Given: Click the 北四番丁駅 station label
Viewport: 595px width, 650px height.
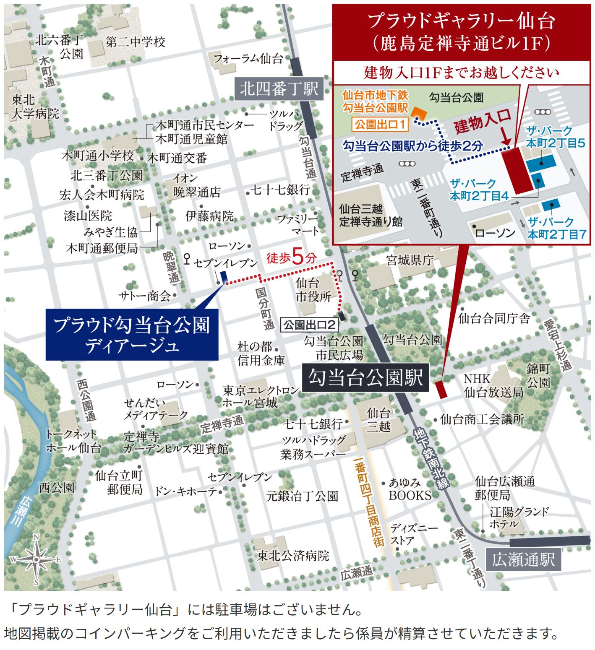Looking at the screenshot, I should (279, 89).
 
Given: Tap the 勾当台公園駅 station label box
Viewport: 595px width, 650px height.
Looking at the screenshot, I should (365, 378).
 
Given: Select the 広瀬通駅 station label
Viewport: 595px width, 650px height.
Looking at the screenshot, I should (523, 559).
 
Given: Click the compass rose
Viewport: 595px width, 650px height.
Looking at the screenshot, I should (36, 559).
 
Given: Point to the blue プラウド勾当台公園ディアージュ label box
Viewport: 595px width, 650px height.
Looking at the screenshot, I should (132, 335).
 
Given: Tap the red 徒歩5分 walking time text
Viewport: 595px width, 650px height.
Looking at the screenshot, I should (291, 257).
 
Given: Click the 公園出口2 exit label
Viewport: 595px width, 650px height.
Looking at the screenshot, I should (309, 325).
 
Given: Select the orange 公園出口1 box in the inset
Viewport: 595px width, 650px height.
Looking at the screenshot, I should (380, 124).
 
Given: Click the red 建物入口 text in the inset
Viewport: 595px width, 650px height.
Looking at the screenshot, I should (483, 121).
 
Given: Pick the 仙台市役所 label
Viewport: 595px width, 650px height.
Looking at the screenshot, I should (313, 290).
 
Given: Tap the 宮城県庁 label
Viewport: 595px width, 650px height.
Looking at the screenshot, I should (410, 260).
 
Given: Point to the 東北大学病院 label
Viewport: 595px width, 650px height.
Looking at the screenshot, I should (35, 107).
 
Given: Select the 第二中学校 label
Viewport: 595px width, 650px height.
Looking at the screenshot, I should (135, 42).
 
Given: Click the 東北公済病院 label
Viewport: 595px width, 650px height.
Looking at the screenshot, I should (293, 556).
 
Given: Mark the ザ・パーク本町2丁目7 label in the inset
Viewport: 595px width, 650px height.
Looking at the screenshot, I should (556, 228).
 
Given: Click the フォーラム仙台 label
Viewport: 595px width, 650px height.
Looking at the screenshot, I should (248, 59).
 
